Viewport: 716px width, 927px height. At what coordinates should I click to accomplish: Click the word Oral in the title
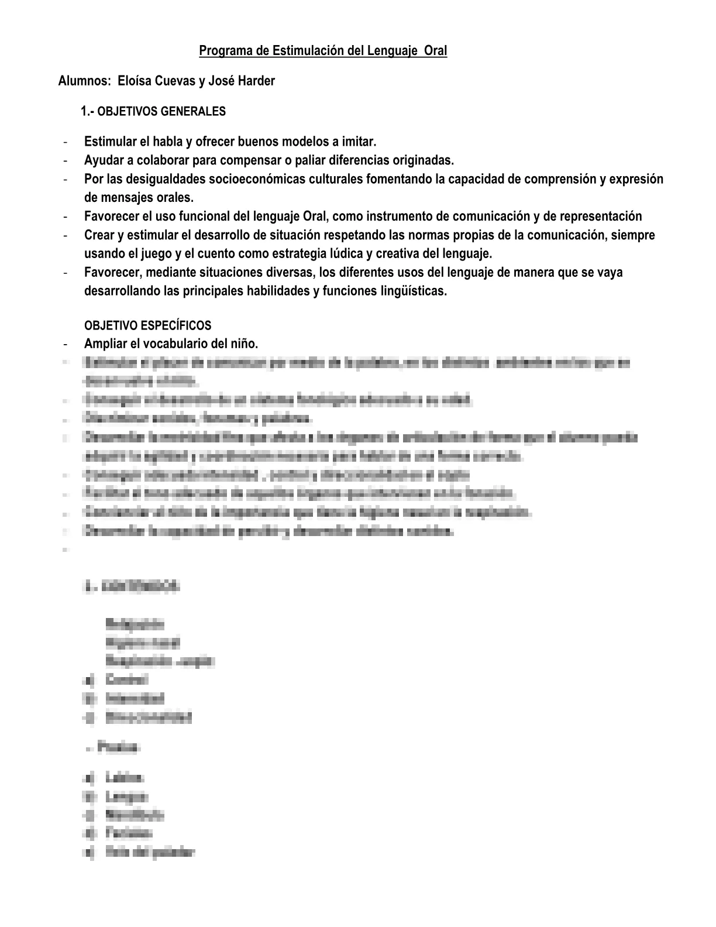point(435,51)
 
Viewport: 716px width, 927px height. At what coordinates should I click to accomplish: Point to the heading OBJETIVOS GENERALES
point(161,111)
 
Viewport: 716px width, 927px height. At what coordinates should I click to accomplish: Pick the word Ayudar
point(102,160)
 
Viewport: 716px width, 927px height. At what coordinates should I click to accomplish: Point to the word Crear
point(99,235)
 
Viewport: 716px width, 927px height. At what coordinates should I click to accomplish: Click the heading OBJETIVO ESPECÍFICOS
point(147,325)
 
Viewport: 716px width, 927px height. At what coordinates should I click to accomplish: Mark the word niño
point(245,344)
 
